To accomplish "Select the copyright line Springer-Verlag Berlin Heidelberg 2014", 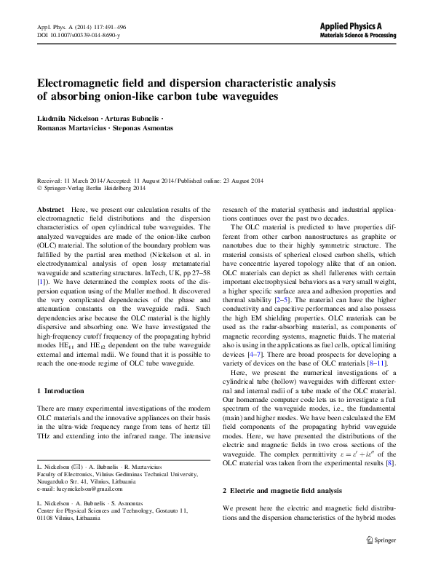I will pyautogui.click(x=100, y=187).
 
